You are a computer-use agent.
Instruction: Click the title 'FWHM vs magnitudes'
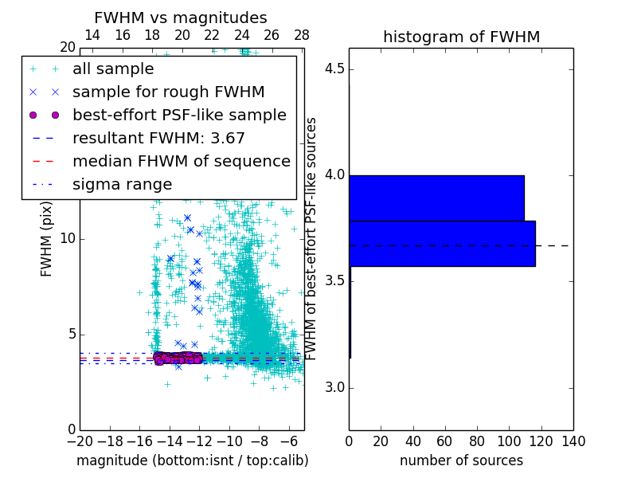click(x=181, y=18)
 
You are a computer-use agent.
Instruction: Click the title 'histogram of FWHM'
click(x=461, y=37)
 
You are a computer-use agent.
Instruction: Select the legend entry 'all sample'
click(x=113, y=69)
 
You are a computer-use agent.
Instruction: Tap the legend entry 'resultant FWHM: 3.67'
click(x=158, y=138)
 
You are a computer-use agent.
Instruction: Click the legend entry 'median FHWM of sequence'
click(x=181, y=161)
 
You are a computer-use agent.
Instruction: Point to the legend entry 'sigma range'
click(x=122, y=184)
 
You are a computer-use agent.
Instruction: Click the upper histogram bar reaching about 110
click(x=436, y=198)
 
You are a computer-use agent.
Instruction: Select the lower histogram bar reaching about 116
click(x=442, y=243)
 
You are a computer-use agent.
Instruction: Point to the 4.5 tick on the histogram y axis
click(x=336, y=69)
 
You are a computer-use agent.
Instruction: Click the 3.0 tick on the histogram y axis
click(x=336, y=388)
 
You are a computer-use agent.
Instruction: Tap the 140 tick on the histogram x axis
click(x=573, y=441)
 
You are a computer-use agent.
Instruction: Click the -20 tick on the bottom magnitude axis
click(x=80, y=441)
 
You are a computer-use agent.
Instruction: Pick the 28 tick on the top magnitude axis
click(x=302, y=35)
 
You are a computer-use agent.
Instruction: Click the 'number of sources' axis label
click(x=461, y=460)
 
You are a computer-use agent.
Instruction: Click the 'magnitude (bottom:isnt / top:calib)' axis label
click(x=192, y=460)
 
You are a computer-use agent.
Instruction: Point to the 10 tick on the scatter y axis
click(x=68, y=239)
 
